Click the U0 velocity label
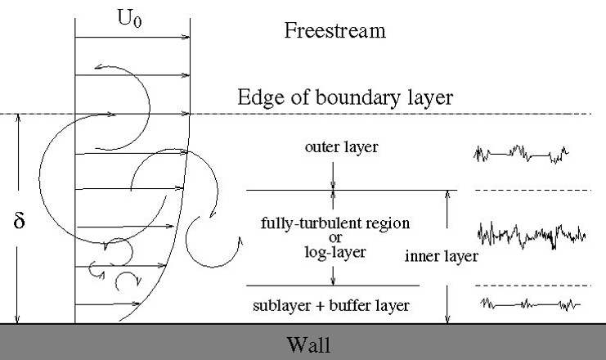click(129, 19)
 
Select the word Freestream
click(335, 30)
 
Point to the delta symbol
click(19, 220)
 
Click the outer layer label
click(342, 147)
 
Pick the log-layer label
click(335, 253)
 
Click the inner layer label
click(442, 256)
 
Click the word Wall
click(308, 344)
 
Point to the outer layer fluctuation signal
click(522, 154)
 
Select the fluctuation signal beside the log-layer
click(532, 235)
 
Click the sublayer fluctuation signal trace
click(530, 304)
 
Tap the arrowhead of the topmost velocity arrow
click(186, 37)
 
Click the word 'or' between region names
click(335, 238)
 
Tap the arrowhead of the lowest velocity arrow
click(137, 304)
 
